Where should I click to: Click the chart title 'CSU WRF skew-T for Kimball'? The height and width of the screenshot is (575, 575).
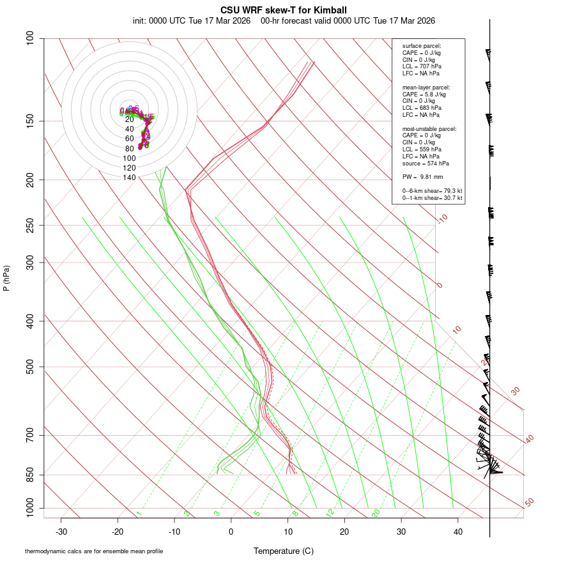click(x=284, y=10)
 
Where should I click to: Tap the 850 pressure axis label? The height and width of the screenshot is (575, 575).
click(x=30, y=475)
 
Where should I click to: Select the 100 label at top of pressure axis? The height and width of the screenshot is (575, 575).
click(x=30, y=38)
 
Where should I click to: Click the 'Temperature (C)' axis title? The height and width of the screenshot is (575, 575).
click(x=284, y=551)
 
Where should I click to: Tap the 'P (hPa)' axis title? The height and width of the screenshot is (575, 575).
click(x=6, y=278)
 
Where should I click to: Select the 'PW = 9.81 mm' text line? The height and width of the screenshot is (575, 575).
click(x=422, y=177)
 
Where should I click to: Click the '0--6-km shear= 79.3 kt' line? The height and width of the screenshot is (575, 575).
click(x=432, y=191)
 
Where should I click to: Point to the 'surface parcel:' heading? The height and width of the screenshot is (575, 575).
click(x=422, y=46)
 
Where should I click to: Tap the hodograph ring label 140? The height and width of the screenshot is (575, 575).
click(x=129, y=178)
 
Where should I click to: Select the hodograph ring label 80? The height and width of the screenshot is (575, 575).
click(x=129, y=148)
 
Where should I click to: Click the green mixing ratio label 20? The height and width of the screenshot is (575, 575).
click(x=376, y=513)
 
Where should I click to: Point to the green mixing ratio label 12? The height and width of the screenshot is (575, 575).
click(x=330, y=513)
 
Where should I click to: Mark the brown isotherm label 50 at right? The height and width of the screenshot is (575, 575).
click(x=529, y=503)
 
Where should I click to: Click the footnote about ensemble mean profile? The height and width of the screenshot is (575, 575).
click(x=94, y=551)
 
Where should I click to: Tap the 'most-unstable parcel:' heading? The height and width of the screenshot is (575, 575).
click(x=429, y=128)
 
